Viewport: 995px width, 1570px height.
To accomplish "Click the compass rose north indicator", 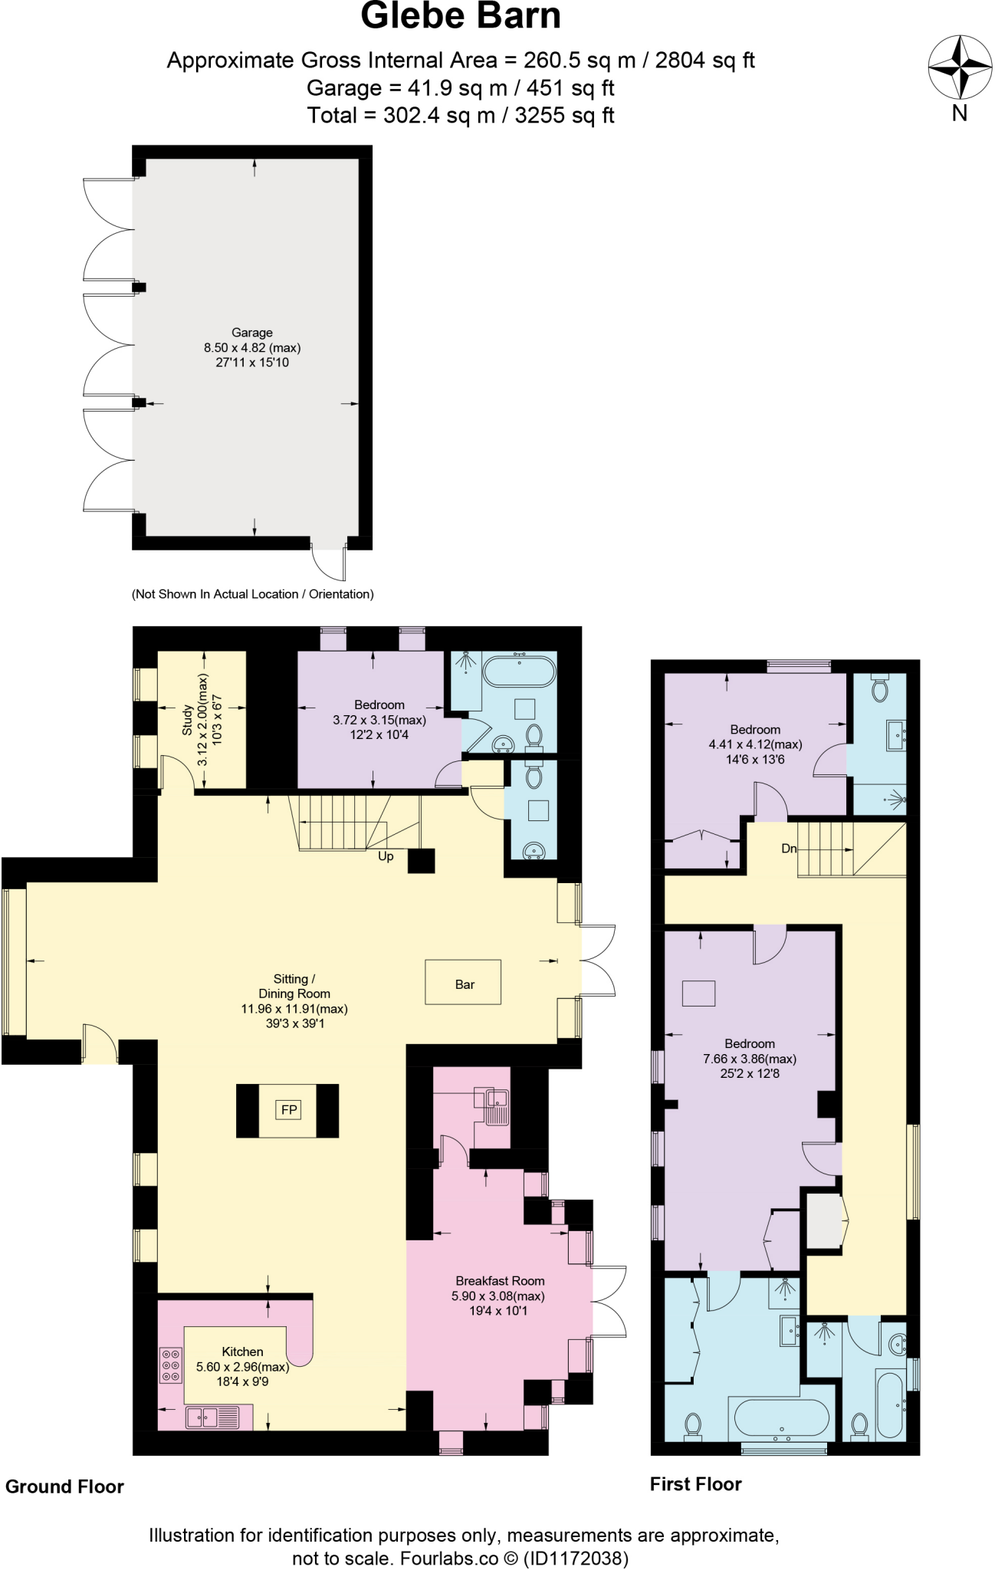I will click(959, 68).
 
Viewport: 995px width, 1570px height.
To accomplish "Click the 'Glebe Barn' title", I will click(461, 17).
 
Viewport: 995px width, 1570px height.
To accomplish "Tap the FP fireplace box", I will click(288, 1109).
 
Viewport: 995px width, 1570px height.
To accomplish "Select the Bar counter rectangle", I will click(463, 982).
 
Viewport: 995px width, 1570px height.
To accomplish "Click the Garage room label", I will click(252, 333).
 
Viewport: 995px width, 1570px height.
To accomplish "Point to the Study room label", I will click(188, 720).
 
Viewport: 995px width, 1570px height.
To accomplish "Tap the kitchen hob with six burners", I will click(171, 1365).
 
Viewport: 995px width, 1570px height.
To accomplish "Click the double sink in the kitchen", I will click(204, 1417).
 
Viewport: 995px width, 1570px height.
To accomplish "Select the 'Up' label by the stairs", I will click(386, 856).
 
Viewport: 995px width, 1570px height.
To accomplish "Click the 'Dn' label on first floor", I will click(789, 849).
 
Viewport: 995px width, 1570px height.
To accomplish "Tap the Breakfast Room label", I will click(500, 1281).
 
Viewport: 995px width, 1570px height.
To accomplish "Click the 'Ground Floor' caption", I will click(64, 1486).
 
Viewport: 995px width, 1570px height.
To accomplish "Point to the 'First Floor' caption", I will click(695, 1484).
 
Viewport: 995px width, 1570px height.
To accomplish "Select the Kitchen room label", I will click(242, 1352).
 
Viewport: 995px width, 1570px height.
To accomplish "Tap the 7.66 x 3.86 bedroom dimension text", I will click(749, 1059).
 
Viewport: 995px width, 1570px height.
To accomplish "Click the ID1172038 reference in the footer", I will click(576, 1558).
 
